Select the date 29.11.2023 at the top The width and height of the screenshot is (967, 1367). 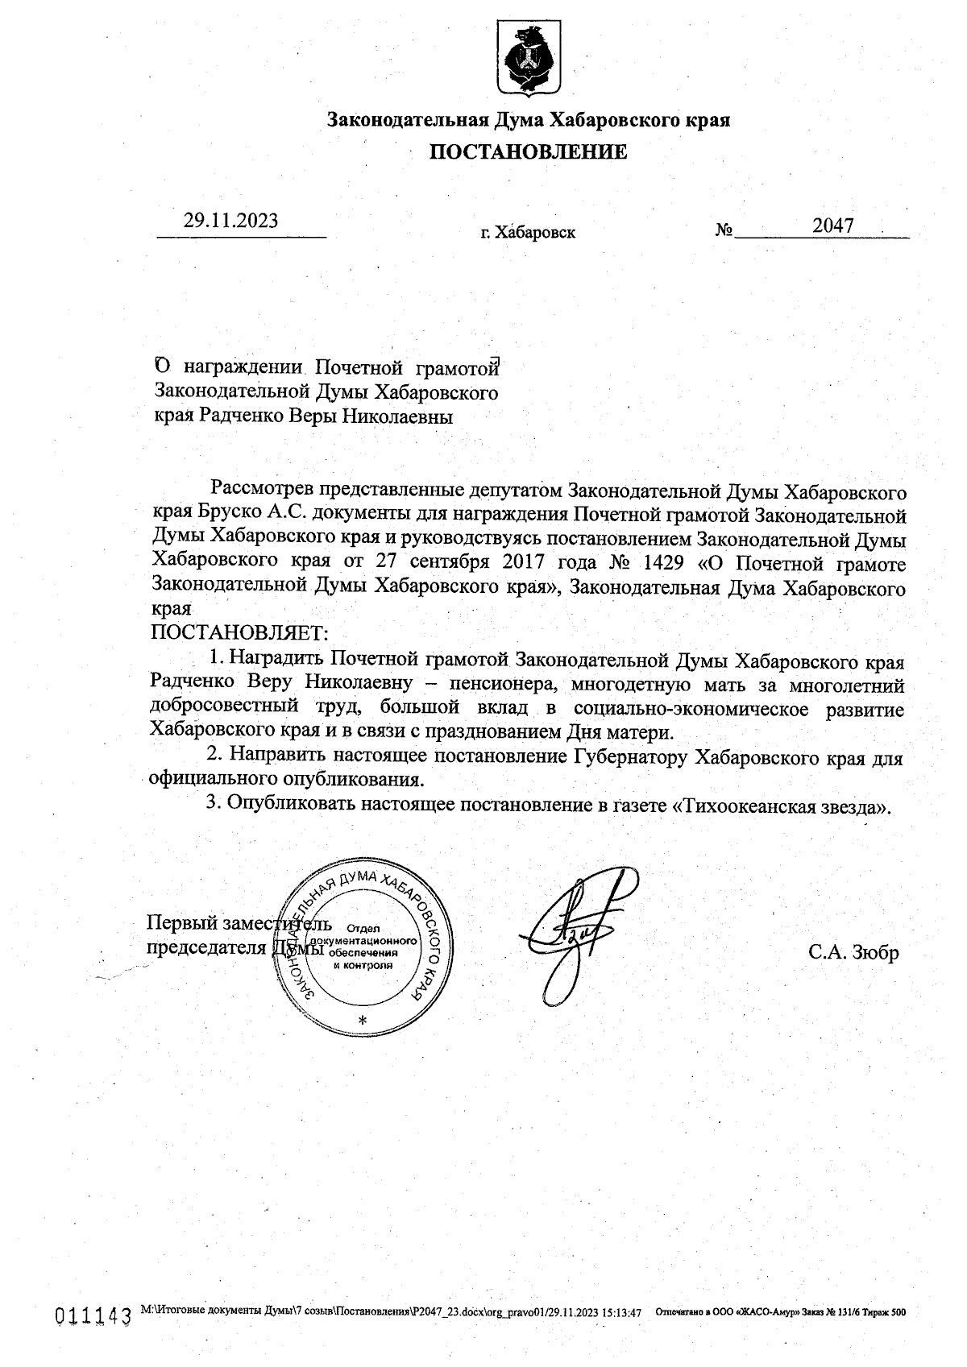pyautogui.click(x=230, y=221)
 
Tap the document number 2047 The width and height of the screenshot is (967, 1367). pyautogui.click(x=832, y=226)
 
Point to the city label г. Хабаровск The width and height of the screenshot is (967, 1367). pyautogui.click(x=528, y=234)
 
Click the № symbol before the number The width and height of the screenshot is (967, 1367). pyautogui.click(x=723, y=230)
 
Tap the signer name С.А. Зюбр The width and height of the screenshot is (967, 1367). pyautogui.click(x=853, y=952)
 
